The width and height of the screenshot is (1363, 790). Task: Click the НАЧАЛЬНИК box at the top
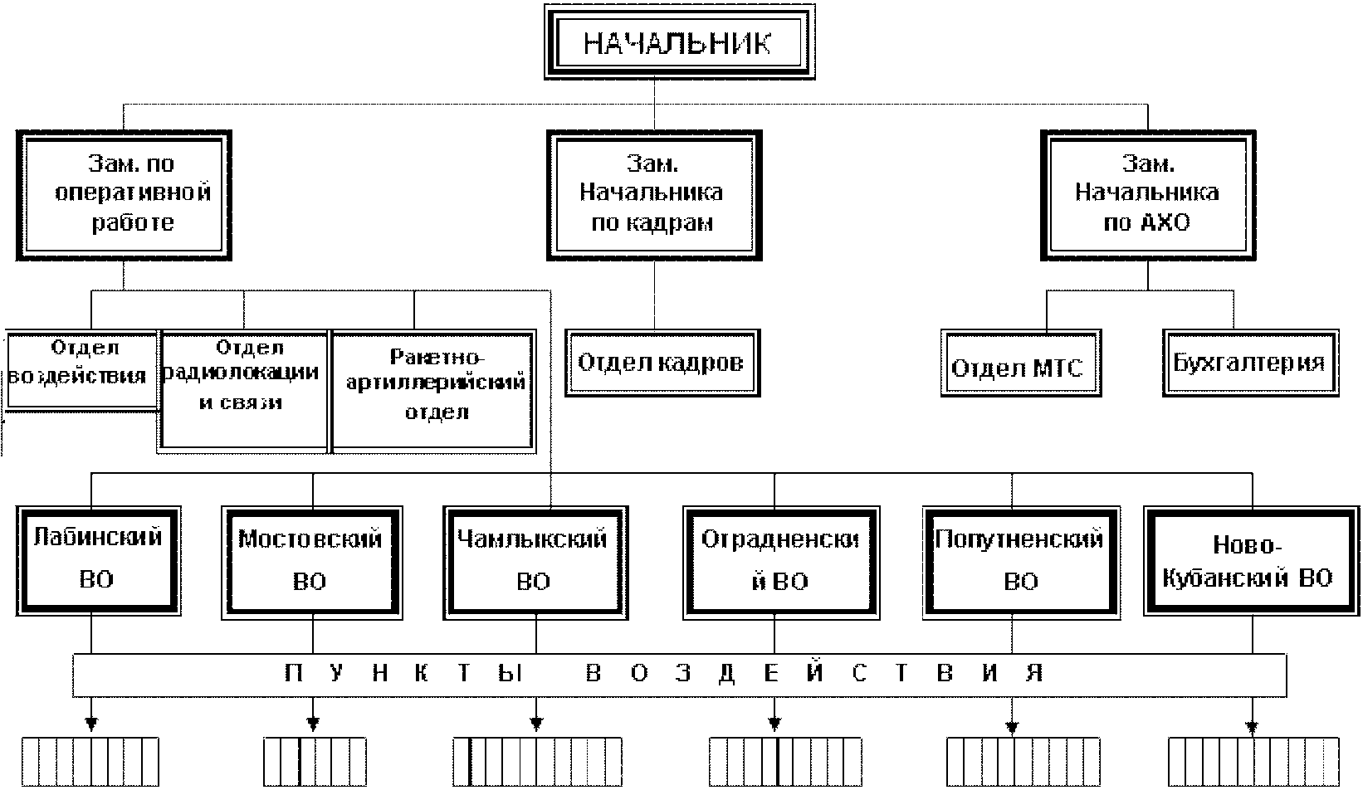[x=680, y=42]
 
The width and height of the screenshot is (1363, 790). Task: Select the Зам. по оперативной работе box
[x=125, y=195]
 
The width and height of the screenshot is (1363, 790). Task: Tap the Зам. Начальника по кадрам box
[x=654, y=195]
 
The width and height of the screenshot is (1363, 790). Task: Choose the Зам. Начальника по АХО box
[x=1148, y=195]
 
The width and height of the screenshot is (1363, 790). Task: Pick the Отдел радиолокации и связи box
[x=243, y=392]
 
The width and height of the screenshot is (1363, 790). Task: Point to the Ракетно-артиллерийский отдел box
[x=433, y=392]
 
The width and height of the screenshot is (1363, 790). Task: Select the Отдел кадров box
[x=662, y=363]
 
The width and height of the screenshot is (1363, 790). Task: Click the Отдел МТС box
[x=1021, y=363]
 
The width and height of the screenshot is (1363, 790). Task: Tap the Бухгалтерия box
[x=1250, y=363]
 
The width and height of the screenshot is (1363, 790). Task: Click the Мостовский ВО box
[x=312, y=563]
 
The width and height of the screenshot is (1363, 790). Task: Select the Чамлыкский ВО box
[x=535, y=563]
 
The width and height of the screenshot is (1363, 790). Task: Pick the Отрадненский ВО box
[x=781, y=563]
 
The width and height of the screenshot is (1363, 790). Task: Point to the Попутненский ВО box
[x=1022, y=563]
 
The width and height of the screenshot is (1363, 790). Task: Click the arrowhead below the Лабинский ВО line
[x=91, y=724]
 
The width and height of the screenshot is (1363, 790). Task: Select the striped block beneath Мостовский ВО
[x=315, y=762]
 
